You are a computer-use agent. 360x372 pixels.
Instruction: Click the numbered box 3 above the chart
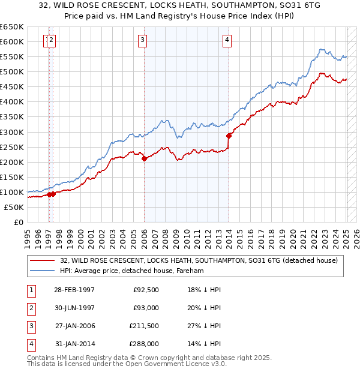pyautogui.click(x=143, y=40)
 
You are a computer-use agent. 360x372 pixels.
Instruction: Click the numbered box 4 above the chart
pyautogui.click(x=227, y=40)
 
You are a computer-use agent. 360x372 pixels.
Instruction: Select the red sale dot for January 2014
pyautogui.click(x=229, y=136)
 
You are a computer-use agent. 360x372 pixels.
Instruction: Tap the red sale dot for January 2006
pyautogui.click(x=145, y=158)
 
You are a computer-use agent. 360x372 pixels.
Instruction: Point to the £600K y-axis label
pyautogui.click(x=11, y=41)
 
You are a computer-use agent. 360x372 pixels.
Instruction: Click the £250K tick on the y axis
pyautogui.click(x=11, y=147)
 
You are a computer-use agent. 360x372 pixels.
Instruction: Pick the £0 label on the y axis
pyautogui.click(x=17, y=222)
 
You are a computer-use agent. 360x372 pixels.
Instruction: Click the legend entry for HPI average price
pyautogui.click(x=132, y=271)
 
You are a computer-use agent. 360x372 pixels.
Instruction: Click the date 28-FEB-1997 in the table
pyautogui.click(x=74, y=290)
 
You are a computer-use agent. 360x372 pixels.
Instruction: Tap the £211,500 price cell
pyautogui.click(x=145, y=326)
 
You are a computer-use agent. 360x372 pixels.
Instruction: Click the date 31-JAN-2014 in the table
pyautogui.click(x=74, y=344)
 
